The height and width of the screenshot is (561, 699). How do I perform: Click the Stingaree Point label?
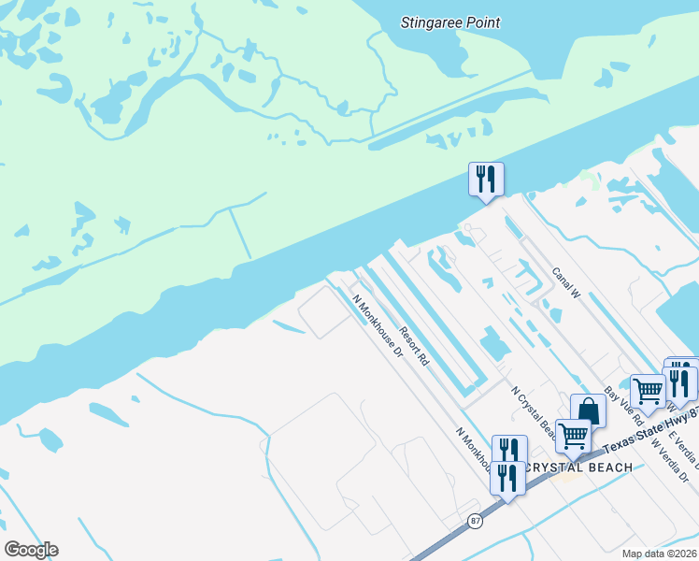coord(450,22)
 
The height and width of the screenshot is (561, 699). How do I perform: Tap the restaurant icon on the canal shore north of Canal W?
coord(486,179)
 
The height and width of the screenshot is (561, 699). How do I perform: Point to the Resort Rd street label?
coord(413,345)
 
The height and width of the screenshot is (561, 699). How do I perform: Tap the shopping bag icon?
coord(588,410)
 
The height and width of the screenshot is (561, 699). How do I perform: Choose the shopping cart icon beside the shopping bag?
coord(572,435)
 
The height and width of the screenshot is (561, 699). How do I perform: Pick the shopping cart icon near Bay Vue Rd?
coord(647,391)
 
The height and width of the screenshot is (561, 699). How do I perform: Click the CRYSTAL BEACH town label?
coord(579,467)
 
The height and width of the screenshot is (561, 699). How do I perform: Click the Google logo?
coord(31,550)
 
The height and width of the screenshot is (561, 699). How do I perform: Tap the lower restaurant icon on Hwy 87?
coord(507,479)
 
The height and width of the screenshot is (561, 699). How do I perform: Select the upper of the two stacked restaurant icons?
coord(509,452)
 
